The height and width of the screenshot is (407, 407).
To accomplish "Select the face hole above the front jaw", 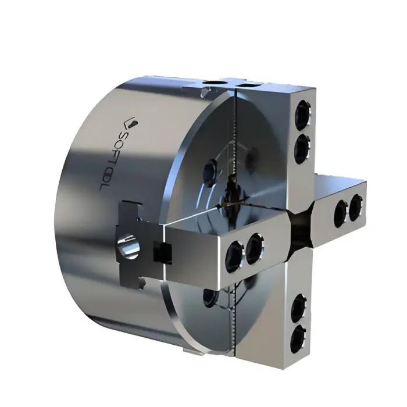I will pos(211,172).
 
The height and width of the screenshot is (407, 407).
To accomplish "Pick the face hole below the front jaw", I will pos(210,297).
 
